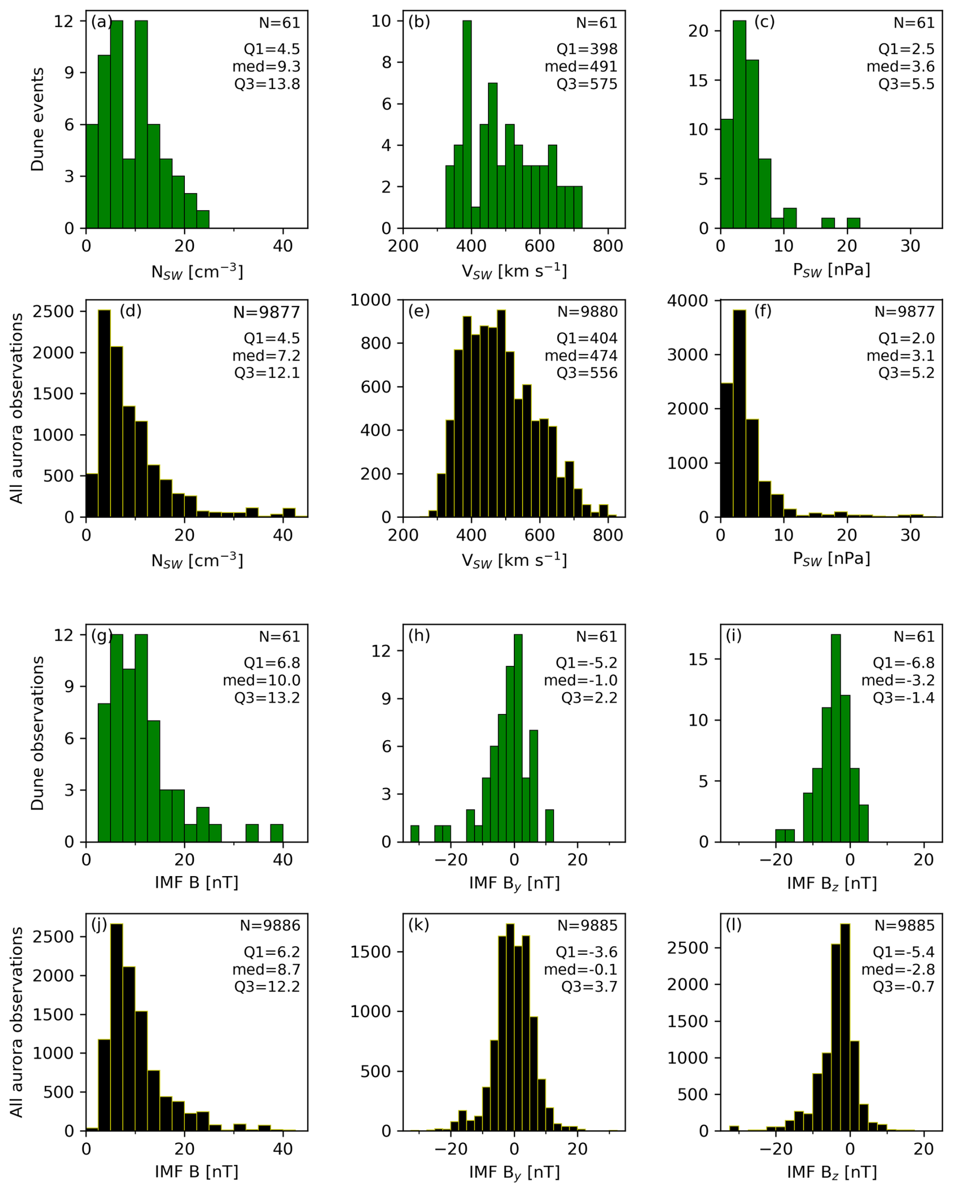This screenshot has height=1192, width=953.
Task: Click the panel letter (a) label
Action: [101, 22]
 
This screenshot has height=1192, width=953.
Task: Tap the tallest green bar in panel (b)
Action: [467, 124]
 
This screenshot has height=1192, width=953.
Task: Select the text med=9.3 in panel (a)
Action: [266, 67]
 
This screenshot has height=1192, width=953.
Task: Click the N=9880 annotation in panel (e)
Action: [587, 312]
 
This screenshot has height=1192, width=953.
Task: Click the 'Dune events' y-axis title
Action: [38, 119]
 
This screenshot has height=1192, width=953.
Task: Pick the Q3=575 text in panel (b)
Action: [587, 84]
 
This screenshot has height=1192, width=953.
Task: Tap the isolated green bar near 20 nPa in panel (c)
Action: [853, 223]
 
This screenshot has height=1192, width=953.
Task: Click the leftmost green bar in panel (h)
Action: [415, 834]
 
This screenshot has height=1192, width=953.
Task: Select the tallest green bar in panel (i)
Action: [836, 738]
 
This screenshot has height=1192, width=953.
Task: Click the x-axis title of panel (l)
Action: [832, 1173]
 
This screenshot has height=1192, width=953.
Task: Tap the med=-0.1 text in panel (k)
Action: [580, 969]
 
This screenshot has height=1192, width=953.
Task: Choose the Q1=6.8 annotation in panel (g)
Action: [272, 663]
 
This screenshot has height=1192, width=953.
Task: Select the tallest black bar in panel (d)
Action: [104, 414]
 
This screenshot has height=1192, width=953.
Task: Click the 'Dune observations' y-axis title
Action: [38, 734]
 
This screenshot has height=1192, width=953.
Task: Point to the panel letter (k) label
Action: [419, 924]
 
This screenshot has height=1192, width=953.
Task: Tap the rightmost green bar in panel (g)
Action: [277, 833]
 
